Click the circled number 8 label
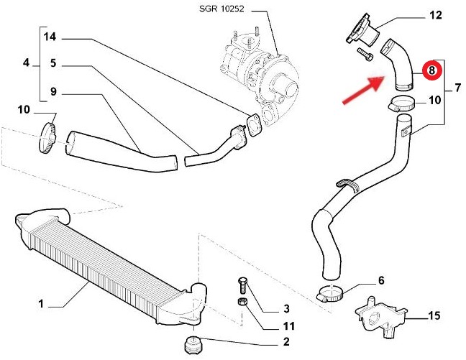coord(431,70)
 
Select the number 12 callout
coord(437,14)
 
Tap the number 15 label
coord(434,315)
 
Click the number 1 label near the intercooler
coord(42,305)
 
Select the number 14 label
coord(50,36)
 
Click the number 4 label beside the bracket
coord(26,63)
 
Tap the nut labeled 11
coord(244,300)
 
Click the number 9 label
coord(54,91)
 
